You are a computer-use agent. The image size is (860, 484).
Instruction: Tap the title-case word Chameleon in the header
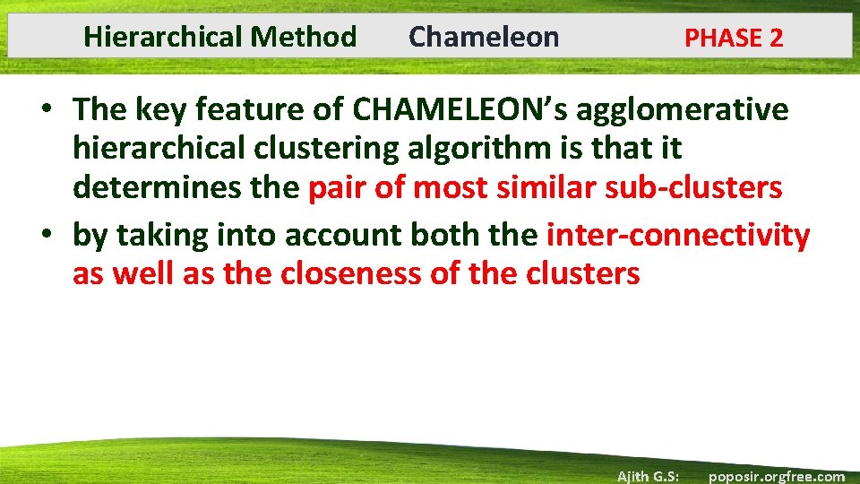[484, 37]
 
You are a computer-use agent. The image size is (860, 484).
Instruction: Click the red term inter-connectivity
[677, 235]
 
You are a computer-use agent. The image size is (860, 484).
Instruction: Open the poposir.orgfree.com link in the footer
[777, 476]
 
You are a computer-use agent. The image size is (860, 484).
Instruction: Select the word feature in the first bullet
[205, 109]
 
